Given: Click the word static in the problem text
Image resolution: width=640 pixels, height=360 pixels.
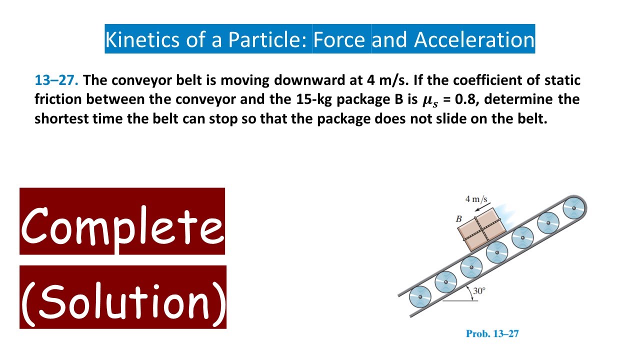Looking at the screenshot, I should point(560,80).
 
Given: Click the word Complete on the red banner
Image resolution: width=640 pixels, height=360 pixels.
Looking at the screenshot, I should point(122,223).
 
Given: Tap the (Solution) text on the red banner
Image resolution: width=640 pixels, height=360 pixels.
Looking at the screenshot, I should point(123,298).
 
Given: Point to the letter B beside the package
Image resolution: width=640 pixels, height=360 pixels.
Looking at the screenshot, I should point(458,219).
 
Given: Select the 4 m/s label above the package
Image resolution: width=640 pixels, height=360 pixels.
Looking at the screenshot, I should point(476,199).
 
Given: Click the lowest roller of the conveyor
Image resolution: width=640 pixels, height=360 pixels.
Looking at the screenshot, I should point(420,297).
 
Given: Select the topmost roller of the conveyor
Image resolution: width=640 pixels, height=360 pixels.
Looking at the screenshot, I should point(573,208).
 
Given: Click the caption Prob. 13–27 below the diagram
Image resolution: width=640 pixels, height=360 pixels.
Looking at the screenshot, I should point(492,333).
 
